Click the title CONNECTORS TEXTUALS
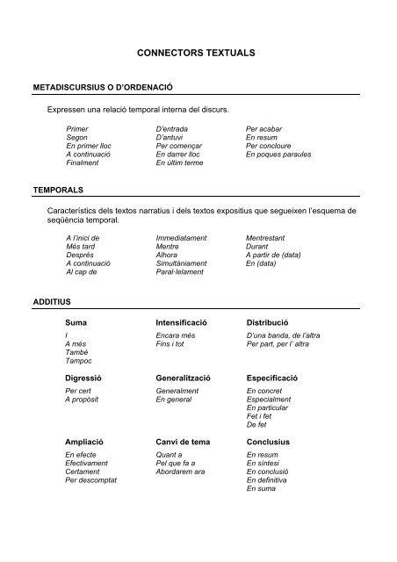pyautogui.click(x=198, y=54)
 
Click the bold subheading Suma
pyautogui.click(x=76, y=323)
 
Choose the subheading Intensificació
pyautogui.click(x=183, y=323)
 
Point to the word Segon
pyautogui.click(x=77, y=137)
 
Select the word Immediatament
pyautogui.click(x=183, y=237)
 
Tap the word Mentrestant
pyautogui.click(x=270, y=237)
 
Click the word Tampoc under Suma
pyautogui.click(x=79, y=361)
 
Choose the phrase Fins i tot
pyautogui.click(x=172, y=344)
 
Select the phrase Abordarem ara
pyautogui.click(x=180, y=472)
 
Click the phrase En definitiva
pyautogui.click(x=269, y=481)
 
